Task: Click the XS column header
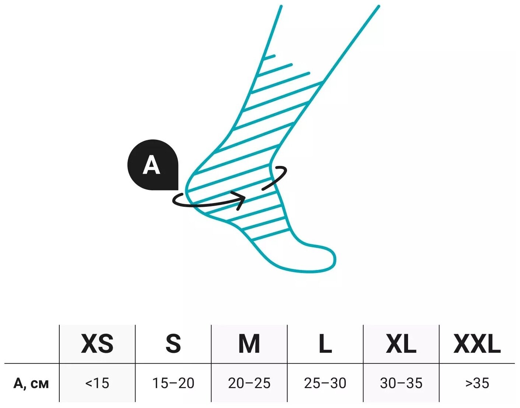click(97, 344)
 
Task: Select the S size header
click(173, 344)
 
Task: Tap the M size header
click(249, 344)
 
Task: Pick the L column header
click(325, 344)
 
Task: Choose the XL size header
click(401, 344)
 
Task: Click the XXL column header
click(477, 344)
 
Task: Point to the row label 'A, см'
click(31, 383)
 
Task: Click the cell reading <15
click(97, 383)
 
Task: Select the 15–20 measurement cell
click(173, 383)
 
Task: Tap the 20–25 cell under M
click(249, 383)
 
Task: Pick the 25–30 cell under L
click(325, 383)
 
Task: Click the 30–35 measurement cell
click(401, 383)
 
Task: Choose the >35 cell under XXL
click(477, 383)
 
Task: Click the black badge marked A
click(153, 165)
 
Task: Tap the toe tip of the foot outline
click(333, 259)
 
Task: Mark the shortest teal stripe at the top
click(269, 57)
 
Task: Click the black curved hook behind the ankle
click(278, 177)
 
